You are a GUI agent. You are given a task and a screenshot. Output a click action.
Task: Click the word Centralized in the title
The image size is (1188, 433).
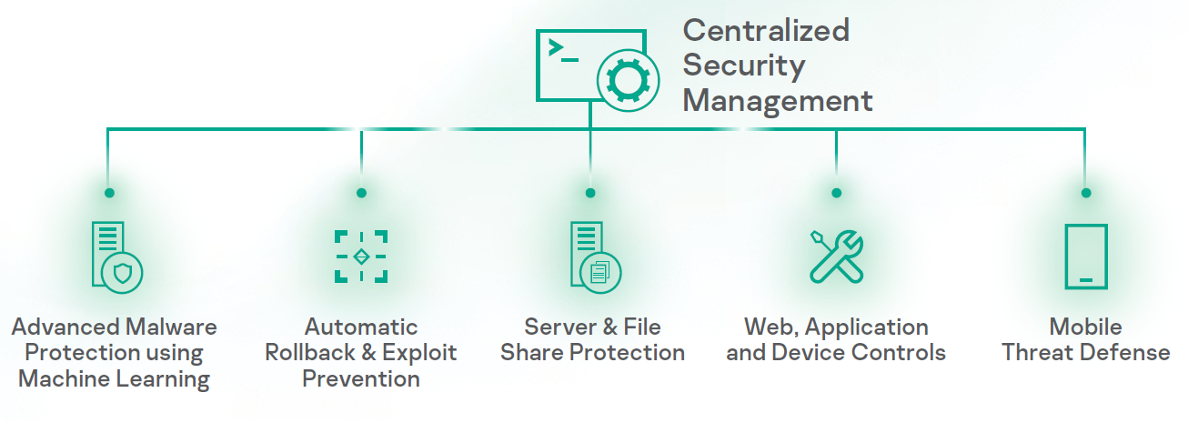(x=765, y=30)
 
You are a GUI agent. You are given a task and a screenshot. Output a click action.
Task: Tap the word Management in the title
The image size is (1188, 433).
(x=777, y=99)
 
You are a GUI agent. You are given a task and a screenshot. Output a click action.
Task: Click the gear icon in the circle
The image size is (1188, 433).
(x=625, y=81)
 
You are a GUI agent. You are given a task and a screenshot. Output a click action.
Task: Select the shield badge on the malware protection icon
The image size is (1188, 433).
(x=122, y=272)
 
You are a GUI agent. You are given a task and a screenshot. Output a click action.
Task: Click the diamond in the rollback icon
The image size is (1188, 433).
(x=361, y=257)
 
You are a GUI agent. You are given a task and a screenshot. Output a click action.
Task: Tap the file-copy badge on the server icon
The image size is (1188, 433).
(x=600, y=271)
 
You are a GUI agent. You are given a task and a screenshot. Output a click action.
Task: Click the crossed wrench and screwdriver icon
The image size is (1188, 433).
(x=836, y=256)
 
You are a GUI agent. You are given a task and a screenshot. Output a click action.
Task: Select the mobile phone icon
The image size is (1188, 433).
(x=1085, y=256)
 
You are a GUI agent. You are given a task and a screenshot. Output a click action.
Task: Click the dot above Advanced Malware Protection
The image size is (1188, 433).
(x=109, y=193)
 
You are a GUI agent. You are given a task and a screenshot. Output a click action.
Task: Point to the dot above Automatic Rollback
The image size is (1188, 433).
(x=361, y=193)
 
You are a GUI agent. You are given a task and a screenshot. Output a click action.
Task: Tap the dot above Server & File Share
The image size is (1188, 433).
(x=590, y=193)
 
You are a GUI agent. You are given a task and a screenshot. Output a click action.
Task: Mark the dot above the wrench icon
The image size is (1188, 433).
(x=836, y=193)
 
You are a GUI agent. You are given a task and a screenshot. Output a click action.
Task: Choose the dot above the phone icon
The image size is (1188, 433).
(x=1085, y=193)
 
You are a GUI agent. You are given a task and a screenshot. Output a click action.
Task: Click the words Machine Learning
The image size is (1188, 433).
(x=114, y=378)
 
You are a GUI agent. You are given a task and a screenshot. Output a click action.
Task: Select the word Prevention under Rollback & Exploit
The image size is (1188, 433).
(x=361, y=378)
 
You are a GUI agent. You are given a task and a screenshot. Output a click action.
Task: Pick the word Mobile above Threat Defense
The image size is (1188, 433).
(x=1085, y=327)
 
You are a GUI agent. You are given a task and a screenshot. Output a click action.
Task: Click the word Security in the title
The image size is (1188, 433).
(x=743, y=65)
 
